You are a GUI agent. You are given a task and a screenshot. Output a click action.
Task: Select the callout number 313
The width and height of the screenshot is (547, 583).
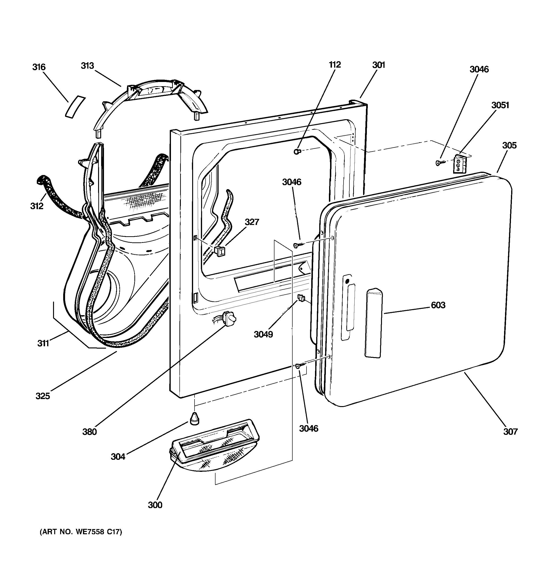tap(87, 66)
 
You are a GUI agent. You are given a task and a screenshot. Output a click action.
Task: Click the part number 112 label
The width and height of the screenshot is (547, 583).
tap(335, 65)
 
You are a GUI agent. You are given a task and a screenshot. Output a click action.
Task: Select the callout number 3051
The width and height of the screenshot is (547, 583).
tap(500, 105)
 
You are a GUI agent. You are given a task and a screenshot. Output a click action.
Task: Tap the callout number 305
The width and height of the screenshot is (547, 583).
tap(509, 146)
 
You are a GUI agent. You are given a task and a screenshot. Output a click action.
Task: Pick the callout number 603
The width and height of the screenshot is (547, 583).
tap(438, 305)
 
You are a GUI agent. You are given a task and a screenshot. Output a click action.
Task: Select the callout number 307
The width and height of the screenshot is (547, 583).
tap(510, 431)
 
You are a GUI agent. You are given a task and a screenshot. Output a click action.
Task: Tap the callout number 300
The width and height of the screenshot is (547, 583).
tap(155, 505)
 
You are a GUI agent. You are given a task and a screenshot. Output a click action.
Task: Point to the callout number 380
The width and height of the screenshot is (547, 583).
tap(90, 432)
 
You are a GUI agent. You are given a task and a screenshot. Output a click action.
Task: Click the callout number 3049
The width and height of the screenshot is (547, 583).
tap(263, 334)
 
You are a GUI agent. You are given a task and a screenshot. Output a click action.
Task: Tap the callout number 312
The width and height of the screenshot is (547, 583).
tap(37, 206)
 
